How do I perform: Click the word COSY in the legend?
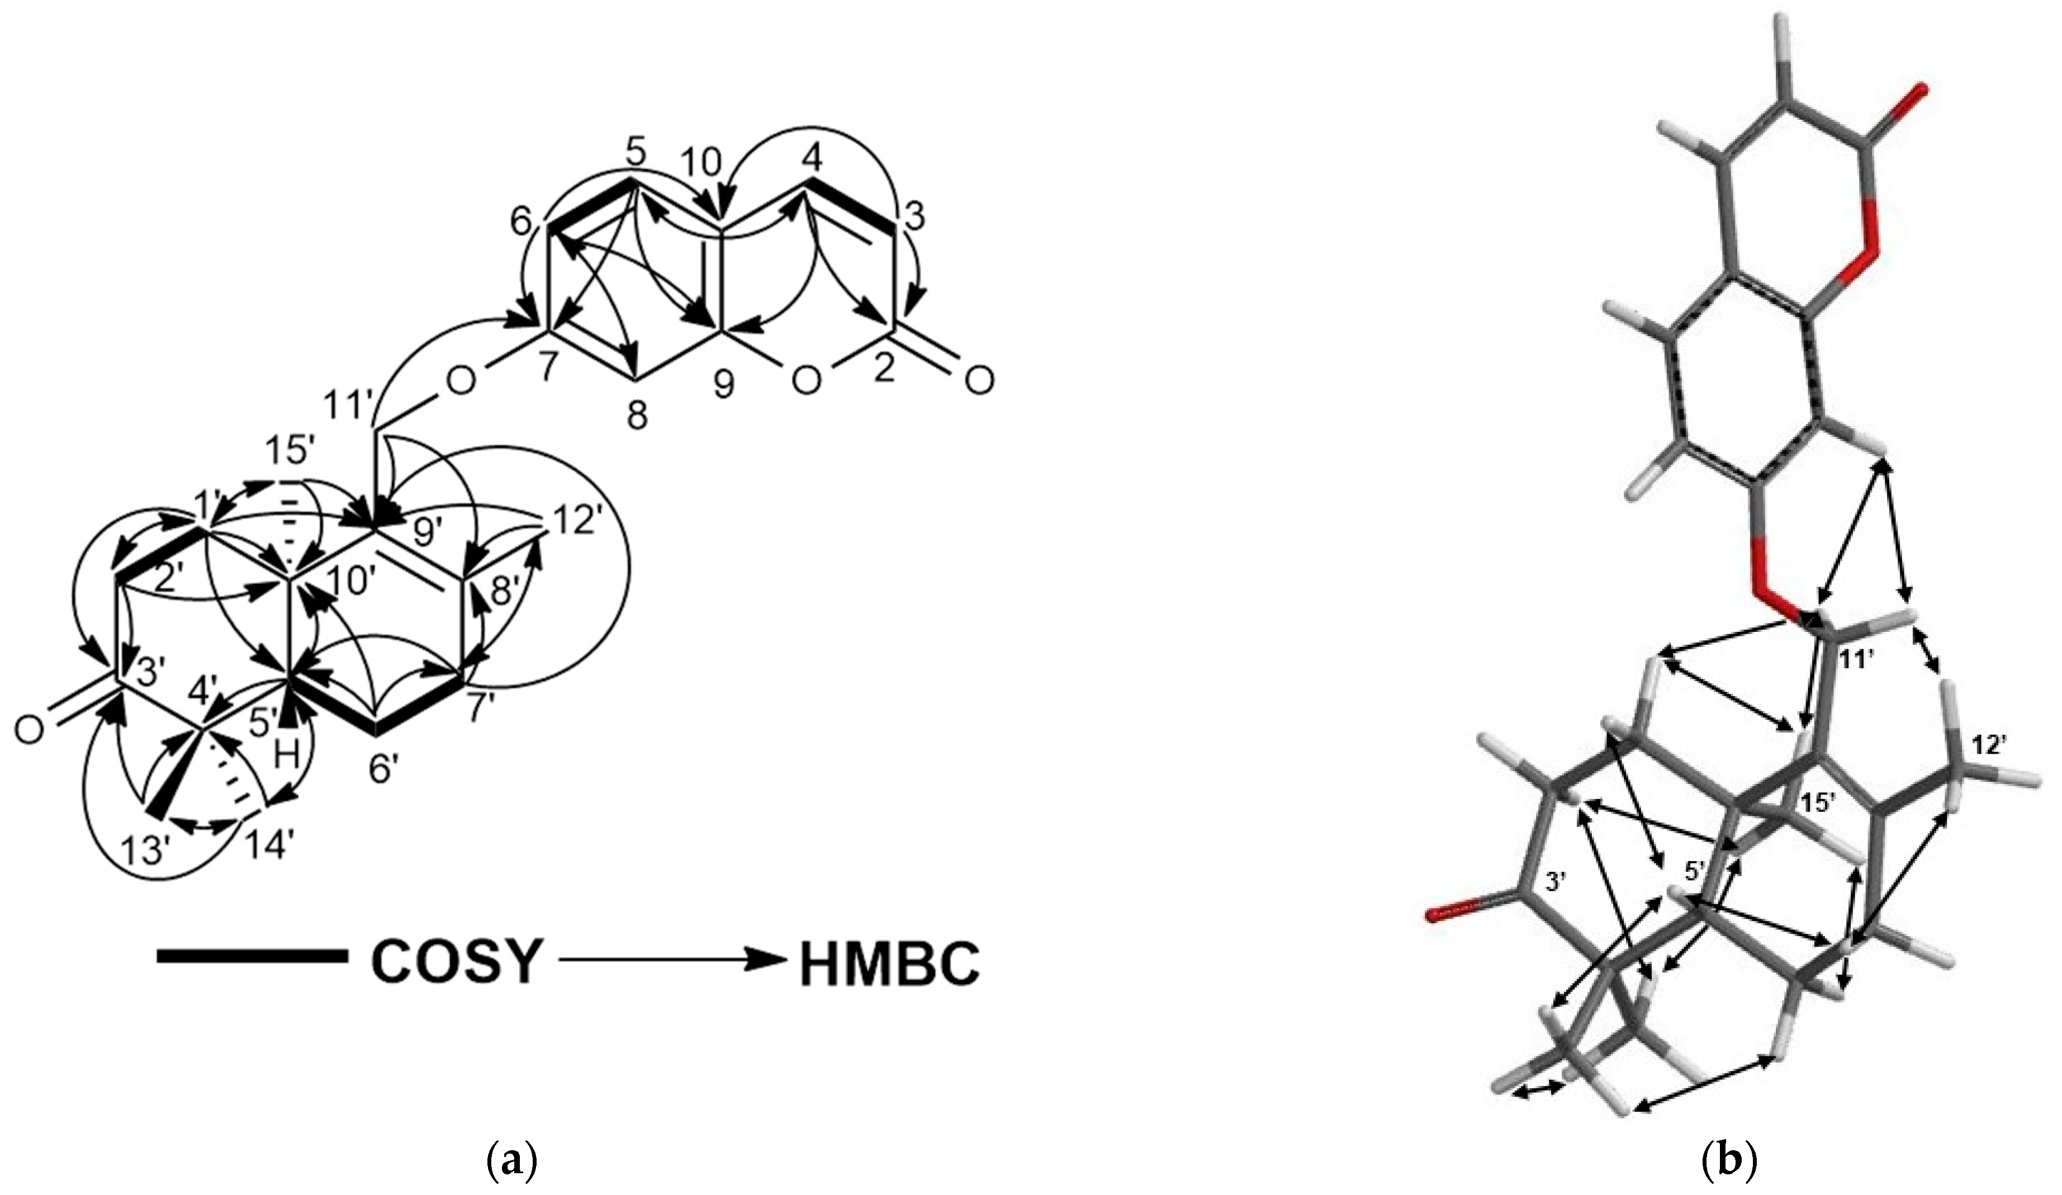[457, 962]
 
